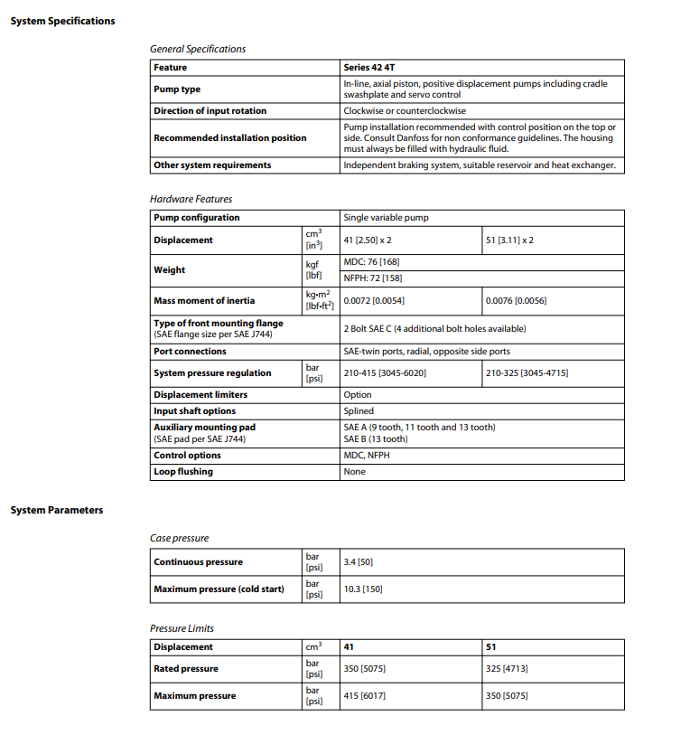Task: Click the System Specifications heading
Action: point(62,21)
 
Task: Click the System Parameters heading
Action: point(56,510)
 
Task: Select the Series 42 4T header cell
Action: point(368,68)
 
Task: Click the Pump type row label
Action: point(177,90)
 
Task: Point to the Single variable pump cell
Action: point(387,218)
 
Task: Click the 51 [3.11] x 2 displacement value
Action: point(509,240)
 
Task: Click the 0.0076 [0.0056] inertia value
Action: point(516,300)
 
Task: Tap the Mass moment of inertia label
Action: point(204,300)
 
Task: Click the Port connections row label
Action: point(190,352)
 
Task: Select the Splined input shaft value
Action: point(359,411)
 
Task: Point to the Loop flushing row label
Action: point(183,472)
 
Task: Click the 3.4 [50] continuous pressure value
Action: point(359,562)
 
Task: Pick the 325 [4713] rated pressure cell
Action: point(507,669)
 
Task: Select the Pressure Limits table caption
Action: point(182,628)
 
